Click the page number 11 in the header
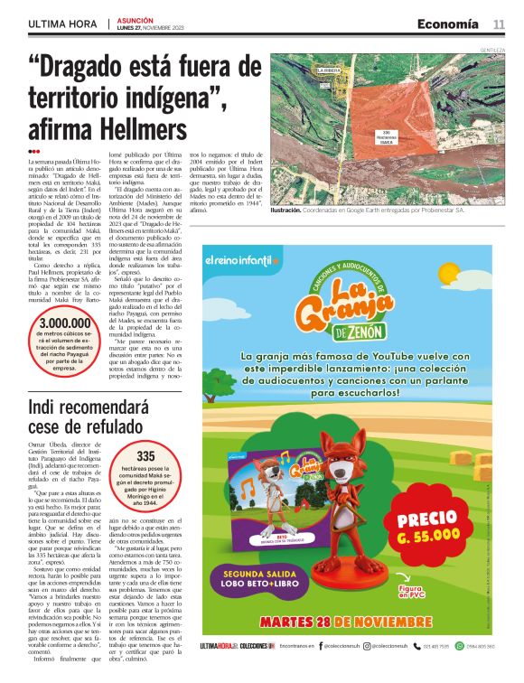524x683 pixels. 499,23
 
